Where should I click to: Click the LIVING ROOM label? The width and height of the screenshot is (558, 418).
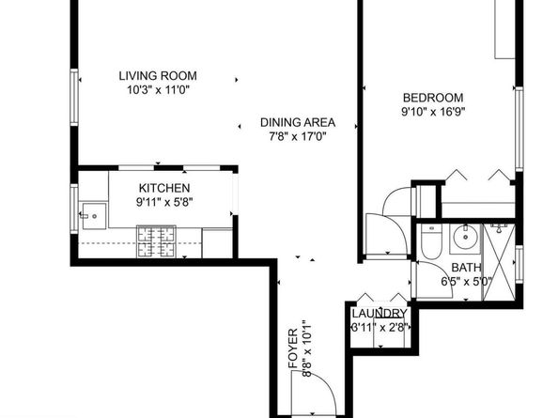(158, 77)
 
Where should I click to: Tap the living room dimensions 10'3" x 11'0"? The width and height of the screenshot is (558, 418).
(158, 92)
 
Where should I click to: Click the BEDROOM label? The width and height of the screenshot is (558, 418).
(433, 97)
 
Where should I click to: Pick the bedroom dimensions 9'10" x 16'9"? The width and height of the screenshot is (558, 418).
(433, 112)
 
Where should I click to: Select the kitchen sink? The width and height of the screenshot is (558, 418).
(93, 213)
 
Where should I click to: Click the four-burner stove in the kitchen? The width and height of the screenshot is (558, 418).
(156, 241)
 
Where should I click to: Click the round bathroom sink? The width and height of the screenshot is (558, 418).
(464, 240)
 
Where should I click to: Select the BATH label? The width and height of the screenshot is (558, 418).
(455, 267)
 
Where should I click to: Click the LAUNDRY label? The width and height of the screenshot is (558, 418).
(380, 314)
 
